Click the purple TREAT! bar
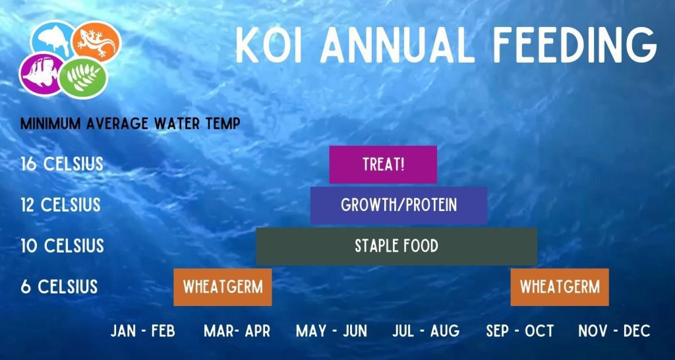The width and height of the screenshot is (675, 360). click(383, 164)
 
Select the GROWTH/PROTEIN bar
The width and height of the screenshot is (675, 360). click(399, 206)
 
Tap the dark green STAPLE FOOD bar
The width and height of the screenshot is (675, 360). click(396, 247)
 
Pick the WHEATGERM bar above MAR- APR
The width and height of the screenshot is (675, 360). click(223, 287)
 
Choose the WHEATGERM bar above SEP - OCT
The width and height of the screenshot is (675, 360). click(560, 287)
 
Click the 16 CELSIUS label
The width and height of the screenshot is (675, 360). click(62, 164)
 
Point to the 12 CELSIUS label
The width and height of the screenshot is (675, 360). click(61, 205)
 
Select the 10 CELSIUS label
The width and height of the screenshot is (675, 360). click(63, 246)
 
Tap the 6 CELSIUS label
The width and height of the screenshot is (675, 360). click(59, 287)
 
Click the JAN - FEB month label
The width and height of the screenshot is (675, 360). click(143, 331)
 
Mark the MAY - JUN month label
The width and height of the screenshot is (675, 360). click(332, 331)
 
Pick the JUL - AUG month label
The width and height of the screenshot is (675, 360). click(426, 331)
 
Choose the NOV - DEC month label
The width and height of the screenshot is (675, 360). click(614, 331)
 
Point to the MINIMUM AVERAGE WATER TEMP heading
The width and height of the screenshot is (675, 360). click(130, 124)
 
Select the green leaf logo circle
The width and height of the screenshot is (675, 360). click(82, 78)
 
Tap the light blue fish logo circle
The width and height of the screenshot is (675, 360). click(53, 40)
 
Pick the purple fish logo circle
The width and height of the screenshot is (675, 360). click(42, 74)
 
